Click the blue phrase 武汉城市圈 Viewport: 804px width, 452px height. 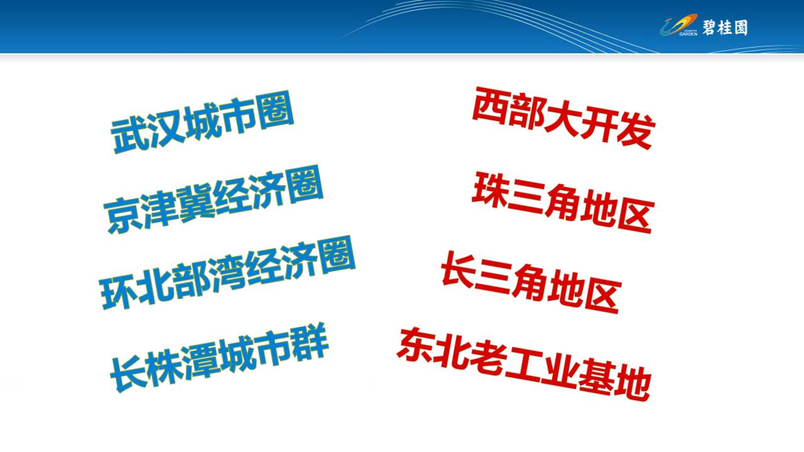tap(202, 122)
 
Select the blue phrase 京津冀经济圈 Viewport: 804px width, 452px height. tap(214, 200)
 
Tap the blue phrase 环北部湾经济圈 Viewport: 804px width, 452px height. tap(227, 272)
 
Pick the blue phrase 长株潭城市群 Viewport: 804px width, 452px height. tap(219, 357)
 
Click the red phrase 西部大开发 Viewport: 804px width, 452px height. tap(564, 118)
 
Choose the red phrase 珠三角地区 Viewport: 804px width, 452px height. tap(563, 203)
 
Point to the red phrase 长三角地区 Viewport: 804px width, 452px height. tap(531, 282)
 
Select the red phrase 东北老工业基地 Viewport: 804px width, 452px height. tap(524, 364)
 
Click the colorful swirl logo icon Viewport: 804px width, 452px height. tap(678, 25)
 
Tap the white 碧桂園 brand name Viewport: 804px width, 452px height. tap(725, 28)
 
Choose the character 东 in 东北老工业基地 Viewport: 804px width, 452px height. tap(415, 345)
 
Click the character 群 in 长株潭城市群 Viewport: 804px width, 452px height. tap(310, 340)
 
